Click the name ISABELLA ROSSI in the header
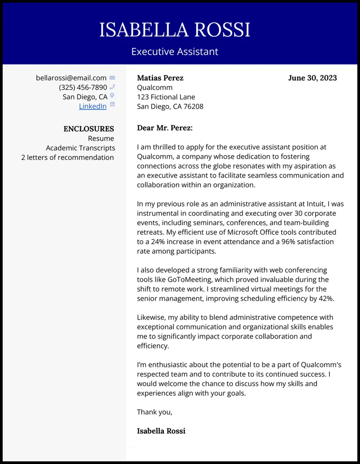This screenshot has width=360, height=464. [175, 30]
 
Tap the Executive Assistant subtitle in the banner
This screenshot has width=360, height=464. [175, 51]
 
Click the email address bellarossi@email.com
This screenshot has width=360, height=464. [71, 78]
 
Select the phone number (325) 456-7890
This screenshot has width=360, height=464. [83, 87]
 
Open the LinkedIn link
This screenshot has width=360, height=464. [93, 106]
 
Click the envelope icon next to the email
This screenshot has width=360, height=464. [112, 78]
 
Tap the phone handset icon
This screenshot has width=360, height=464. [112, 87]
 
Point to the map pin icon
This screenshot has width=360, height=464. [112, 96]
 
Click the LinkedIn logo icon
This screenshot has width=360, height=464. [112, 105]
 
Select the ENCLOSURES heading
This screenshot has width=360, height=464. [89, 129]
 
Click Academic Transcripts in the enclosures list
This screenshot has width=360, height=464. [80, 148]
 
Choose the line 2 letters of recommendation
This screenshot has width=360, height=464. [67, 157]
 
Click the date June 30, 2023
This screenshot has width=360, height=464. [312, 78]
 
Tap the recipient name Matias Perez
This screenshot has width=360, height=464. [160, 78]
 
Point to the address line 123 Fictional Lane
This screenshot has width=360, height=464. [166, 97]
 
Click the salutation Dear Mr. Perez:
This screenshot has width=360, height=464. [164, 128]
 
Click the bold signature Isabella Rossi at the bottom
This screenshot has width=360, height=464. [161, 431]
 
